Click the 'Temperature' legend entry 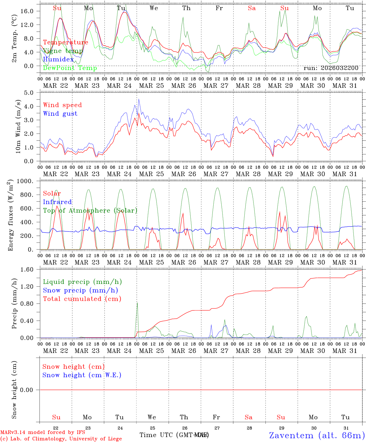pos(66,42)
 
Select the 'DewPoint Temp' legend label pos(70,68)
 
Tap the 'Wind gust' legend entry pos(60,114)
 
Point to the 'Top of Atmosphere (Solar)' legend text pos(90,211)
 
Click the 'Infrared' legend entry pos(57,202)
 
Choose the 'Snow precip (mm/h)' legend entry pos(80,290)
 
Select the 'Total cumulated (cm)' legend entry pos(82,299)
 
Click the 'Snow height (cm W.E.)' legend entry pos(82,375)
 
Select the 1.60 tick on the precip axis pos(30,269)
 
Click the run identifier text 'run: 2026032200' pos(331,68)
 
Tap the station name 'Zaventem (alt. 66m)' pos(317,435)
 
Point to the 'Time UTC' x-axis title pos(157,435)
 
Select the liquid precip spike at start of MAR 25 pos(137,303)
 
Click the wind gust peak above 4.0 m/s pos(139,99)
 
